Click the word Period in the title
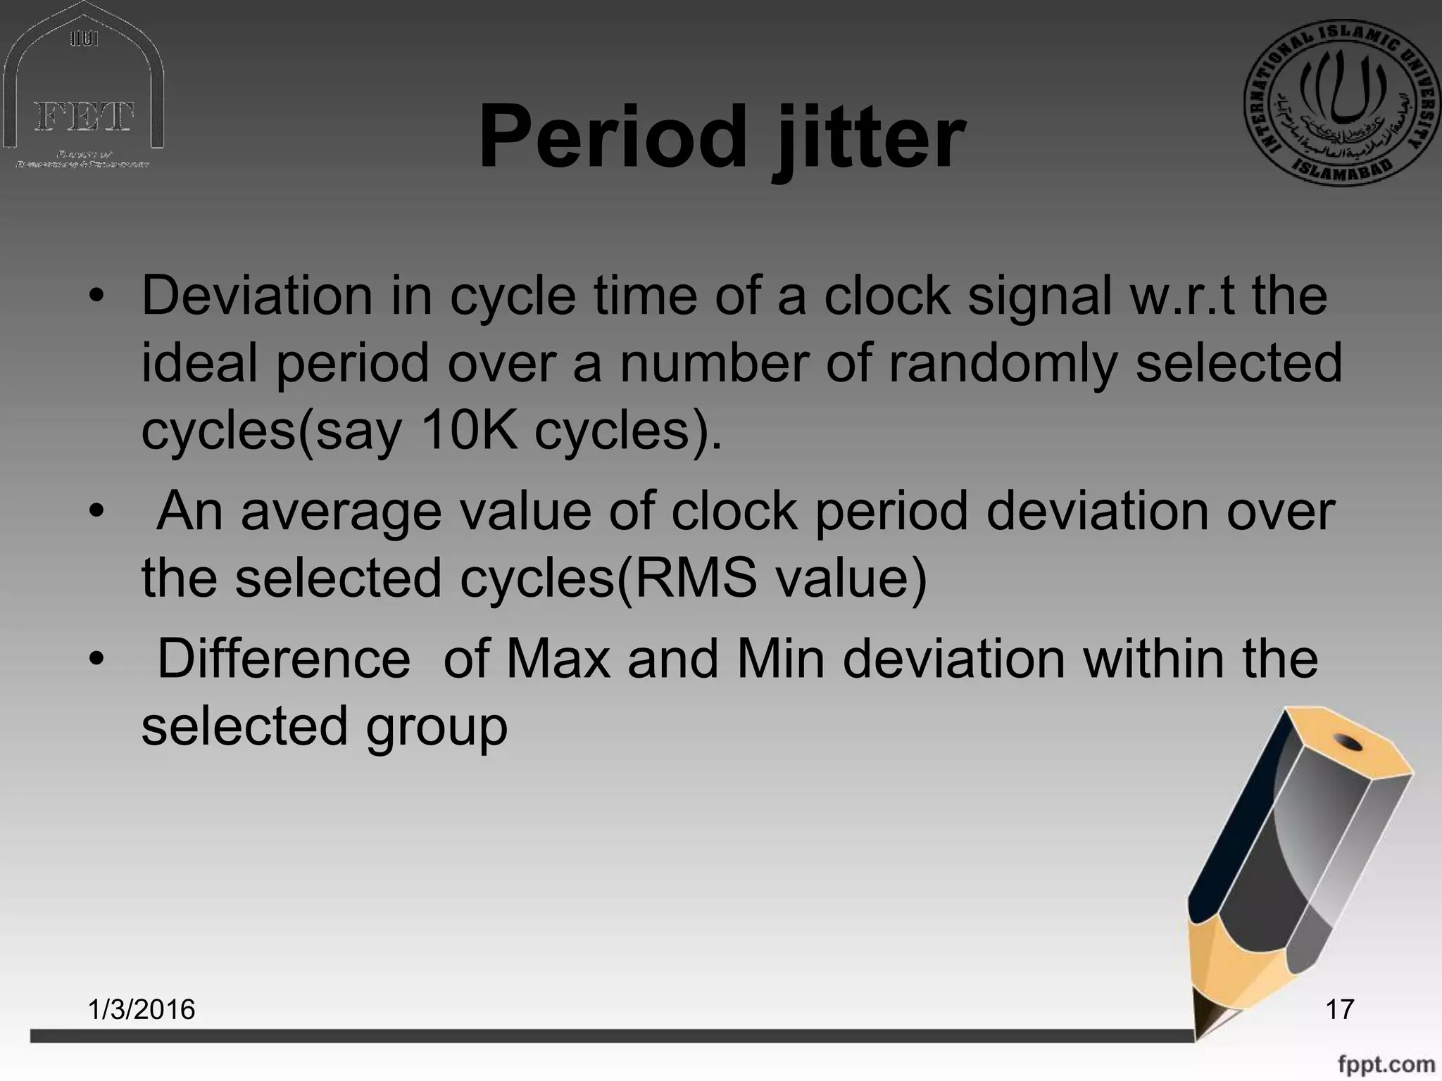611,137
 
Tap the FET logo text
84,117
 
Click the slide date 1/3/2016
142,1009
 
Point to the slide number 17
1339,1009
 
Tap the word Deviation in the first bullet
257,296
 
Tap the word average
341,512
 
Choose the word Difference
283,659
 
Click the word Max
558,659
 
